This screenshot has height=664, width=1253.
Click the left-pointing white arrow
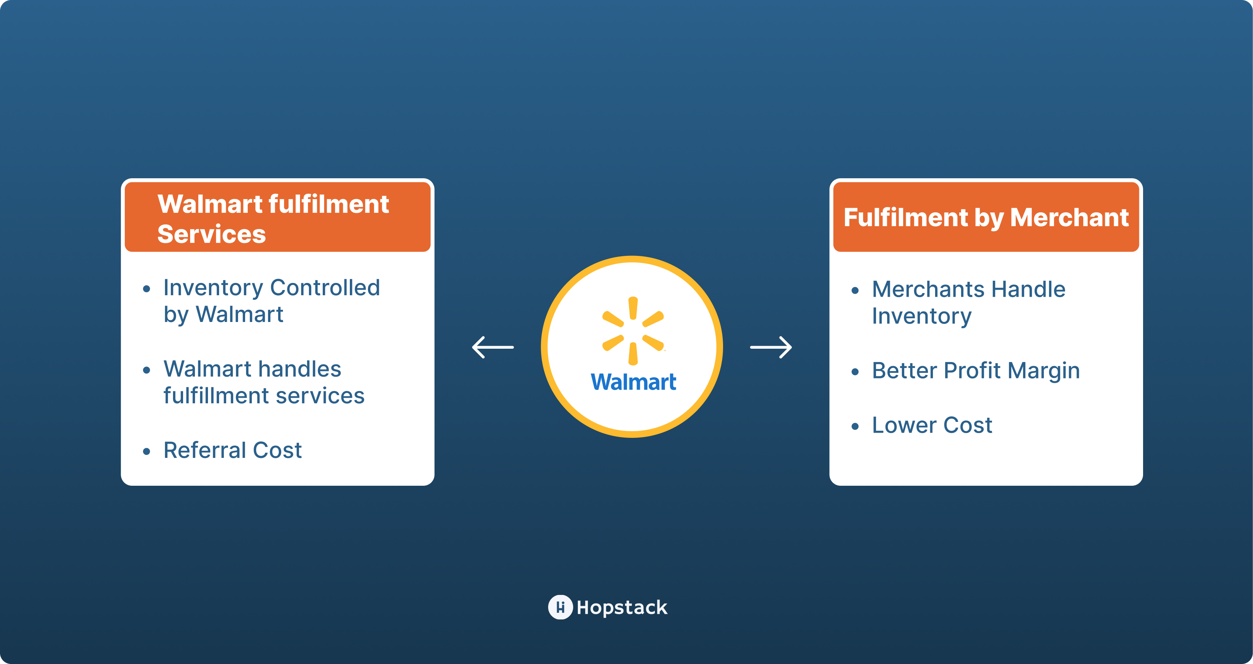(492, 347)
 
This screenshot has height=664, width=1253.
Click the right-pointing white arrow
(771, 347)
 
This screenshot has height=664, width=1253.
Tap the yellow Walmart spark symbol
(633, 331)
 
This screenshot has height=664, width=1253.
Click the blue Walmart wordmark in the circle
(633, 383)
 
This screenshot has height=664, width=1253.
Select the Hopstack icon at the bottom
(560, 607)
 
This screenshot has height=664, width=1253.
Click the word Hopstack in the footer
(622, 608)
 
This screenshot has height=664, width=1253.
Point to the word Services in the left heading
(212, 234)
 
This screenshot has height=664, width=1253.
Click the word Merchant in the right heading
(1069, 218)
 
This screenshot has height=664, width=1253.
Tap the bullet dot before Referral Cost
(146, 452)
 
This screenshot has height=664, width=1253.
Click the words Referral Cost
(232, 450)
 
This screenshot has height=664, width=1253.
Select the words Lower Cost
(931, 425)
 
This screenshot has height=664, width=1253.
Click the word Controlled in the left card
(325, 288)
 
